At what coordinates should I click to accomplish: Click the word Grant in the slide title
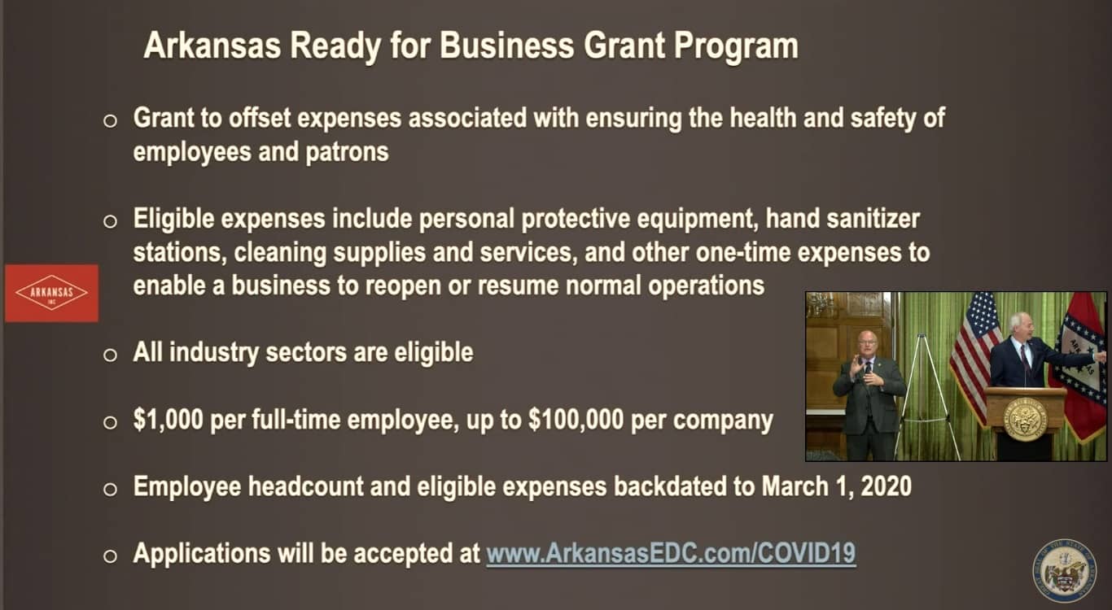point(624,46)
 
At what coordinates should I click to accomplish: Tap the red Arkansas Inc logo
point(51,293)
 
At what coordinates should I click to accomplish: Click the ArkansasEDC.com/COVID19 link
point(671,553)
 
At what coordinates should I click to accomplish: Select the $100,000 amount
point(576,420)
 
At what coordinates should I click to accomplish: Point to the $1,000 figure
point(169,420)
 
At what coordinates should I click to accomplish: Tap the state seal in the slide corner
point(1065,570)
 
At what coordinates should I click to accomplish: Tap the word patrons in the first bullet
point(347,152)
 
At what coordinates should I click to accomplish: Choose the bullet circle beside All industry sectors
point(110,355)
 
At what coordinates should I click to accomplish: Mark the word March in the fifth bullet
point(795,486)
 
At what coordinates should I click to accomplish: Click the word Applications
point(202,553)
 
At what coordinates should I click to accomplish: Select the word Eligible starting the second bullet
point(173,219)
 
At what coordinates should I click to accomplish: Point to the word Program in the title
point(736,46)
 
